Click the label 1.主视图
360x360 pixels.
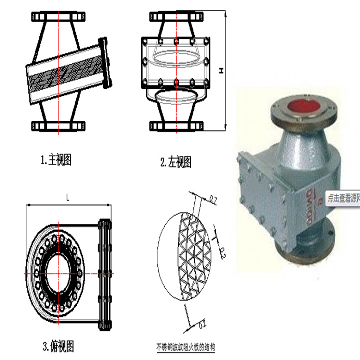coord(56,161)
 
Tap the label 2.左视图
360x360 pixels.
coord(175,162)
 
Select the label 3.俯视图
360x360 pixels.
coord(59,345)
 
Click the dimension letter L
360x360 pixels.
coord(68,198)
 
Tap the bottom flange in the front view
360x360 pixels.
coord(59,125)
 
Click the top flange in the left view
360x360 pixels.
coord(176,17)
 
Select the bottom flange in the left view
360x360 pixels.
coord(176,125)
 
